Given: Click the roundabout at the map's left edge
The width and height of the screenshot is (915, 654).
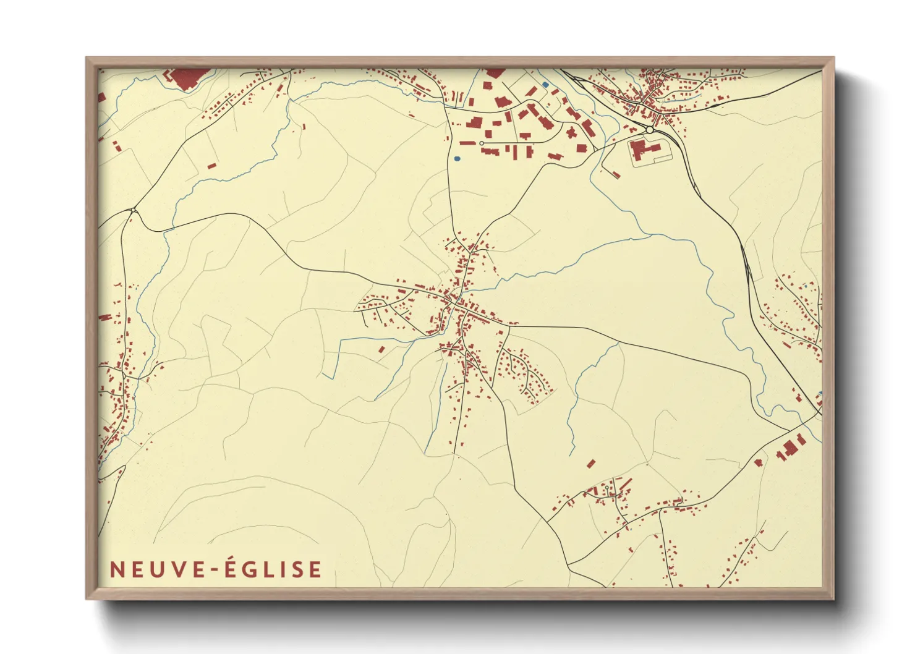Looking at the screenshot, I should pos(134,211).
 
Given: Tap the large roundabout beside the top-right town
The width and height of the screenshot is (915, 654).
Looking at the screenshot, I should pos(650,130).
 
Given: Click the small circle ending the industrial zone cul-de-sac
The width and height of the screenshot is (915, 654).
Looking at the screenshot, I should pos(482,143).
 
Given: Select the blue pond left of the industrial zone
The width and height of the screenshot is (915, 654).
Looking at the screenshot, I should pos(457,159).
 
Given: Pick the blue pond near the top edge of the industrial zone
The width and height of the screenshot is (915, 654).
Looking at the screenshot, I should pos(545,85).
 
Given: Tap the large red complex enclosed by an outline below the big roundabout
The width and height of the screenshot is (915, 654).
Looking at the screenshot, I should pos(645,151).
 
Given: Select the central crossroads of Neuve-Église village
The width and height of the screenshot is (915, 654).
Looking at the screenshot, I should pos(456,302).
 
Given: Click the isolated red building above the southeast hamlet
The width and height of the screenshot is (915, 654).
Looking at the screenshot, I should pos(591,463).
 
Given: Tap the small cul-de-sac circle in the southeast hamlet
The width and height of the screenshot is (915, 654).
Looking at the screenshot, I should pos(607,488).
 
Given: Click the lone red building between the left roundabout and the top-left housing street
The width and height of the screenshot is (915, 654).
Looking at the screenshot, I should pos(211,166).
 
